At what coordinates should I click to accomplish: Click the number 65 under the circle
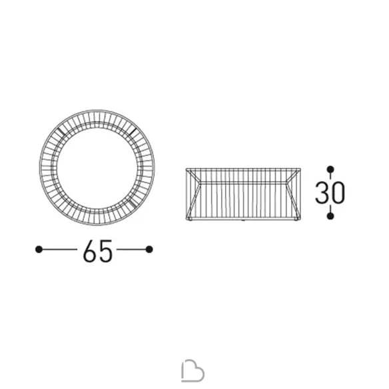pos(97,251)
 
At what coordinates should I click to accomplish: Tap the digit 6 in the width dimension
pos(90,251)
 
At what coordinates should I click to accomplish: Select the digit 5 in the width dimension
pos(106,251)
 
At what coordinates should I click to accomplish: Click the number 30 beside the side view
pos(330,193)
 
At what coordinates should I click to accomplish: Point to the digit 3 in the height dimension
pos(322,193)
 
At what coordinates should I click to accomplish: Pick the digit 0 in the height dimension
pos(338,193)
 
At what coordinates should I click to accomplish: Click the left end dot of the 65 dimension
pos(39,249)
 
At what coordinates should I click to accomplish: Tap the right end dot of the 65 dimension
pos(149,249)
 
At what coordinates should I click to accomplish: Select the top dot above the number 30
pos(330,169)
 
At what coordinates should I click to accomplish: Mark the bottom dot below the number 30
pos(330,216)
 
